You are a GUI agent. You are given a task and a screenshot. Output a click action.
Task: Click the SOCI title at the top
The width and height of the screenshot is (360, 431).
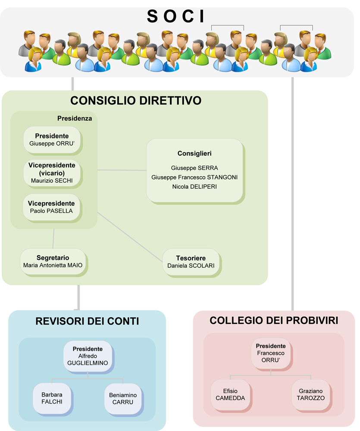click(176, 16)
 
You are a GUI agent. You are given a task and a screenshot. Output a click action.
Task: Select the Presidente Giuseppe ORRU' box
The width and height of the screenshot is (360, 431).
click(52, 140)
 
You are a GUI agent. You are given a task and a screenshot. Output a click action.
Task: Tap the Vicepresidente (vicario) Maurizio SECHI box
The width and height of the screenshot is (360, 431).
click(52, 173)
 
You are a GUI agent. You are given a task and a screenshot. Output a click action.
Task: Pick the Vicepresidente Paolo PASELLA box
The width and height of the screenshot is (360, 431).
click(52, 207)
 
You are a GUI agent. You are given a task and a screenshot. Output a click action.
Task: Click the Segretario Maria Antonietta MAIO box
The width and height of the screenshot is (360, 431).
click(53, 262)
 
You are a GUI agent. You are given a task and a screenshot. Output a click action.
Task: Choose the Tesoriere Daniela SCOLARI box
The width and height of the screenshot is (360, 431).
click(191, 262)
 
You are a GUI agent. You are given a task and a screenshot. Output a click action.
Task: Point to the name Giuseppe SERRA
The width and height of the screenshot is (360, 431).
click(194, 168)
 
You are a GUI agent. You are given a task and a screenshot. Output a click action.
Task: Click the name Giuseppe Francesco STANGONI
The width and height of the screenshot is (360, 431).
click(194, 177)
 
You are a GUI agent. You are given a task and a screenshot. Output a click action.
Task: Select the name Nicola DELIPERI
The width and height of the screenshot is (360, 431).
click(194, 187)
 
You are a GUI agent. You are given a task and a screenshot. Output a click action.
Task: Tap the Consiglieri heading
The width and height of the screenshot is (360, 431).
click(194, 153)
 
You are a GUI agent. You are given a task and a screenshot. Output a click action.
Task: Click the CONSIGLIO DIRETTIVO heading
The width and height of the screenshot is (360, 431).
click(136, 100)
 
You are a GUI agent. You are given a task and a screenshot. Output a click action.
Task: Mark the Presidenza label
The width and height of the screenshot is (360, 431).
click(75, 119)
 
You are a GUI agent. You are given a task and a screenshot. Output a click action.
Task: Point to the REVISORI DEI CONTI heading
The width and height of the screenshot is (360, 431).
click(87, 321)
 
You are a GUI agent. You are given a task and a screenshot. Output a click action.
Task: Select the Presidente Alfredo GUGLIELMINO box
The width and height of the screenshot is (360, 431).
click(88, 356)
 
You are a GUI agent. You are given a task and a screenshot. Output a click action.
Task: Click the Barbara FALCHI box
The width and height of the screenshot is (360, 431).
click(52, 398)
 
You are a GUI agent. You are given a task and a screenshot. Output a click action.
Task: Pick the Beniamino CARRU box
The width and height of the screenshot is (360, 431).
click(123, 399)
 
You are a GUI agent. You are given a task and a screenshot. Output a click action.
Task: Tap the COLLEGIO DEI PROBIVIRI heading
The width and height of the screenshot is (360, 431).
click(274, 321)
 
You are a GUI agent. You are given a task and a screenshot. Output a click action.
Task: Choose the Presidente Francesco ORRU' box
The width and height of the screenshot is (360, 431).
click(271, 353)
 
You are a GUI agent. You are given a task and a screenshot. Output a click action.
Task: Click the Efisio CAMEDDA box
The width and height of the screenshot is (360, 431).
click(231, 395)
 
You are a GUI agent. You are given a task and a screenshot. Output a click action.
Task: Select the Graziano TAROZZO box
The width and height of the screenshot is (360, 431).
click(311, 395)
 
